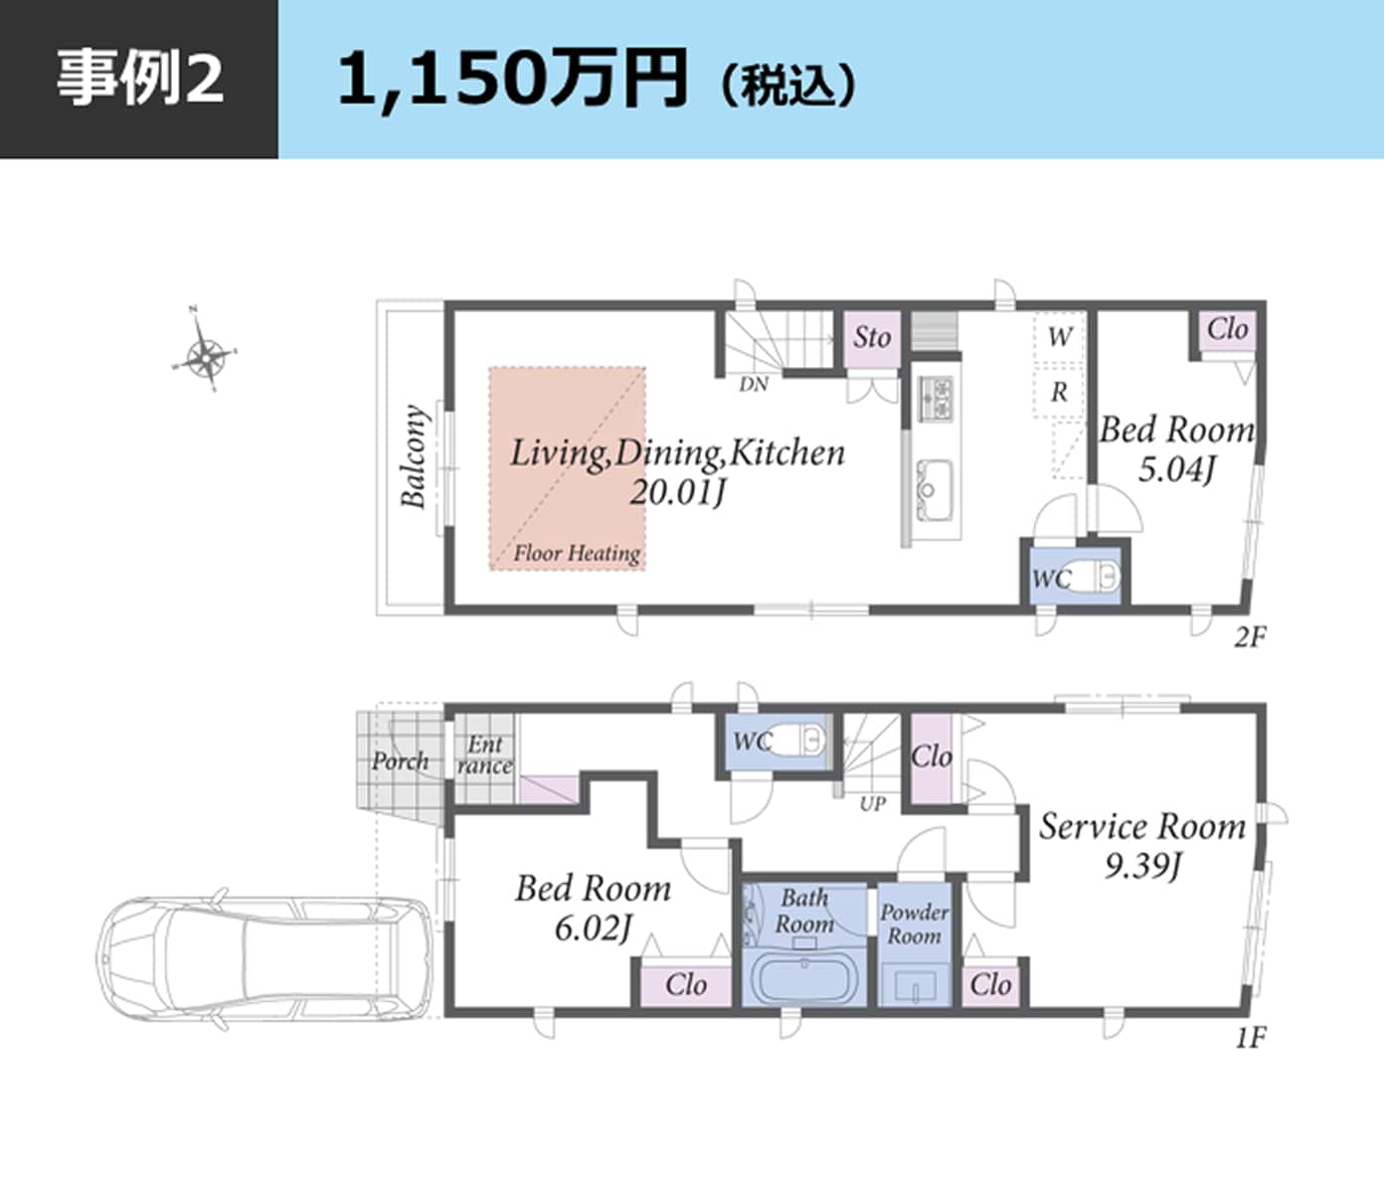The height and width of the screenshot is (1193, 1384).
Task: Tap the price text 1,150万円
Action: coord(512,80)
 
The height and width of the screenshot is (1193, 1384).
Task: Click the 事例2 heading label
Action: coord(139,79)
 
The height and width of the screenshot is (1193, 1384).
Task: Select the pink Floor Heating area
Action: coord(567,467)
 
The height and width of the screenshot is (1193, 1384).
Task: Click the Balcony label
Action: coord(413,456)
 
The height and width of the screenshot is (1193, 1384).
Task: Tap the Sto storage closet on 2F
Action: coord(872,338)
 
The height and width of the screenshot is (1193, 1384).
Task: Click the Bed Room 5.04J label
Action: coord(1176,448)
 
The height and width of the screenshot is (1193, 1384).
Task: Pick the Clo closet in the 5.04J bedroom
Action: coord(1227,329)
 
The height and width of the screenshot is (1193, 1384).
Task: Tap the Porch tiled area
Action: coord(400,762)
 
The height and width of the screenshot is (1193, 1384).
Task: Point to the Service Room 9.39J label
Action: coord(1142,845)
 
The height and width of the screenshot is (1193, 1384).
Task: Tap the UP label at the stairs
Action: coord(872,803)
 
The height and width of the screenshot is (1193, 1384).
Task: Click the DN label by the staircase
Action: coord(754,385)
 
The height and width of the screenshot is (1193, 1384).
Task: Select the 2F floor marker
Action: coord(1250,637)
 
